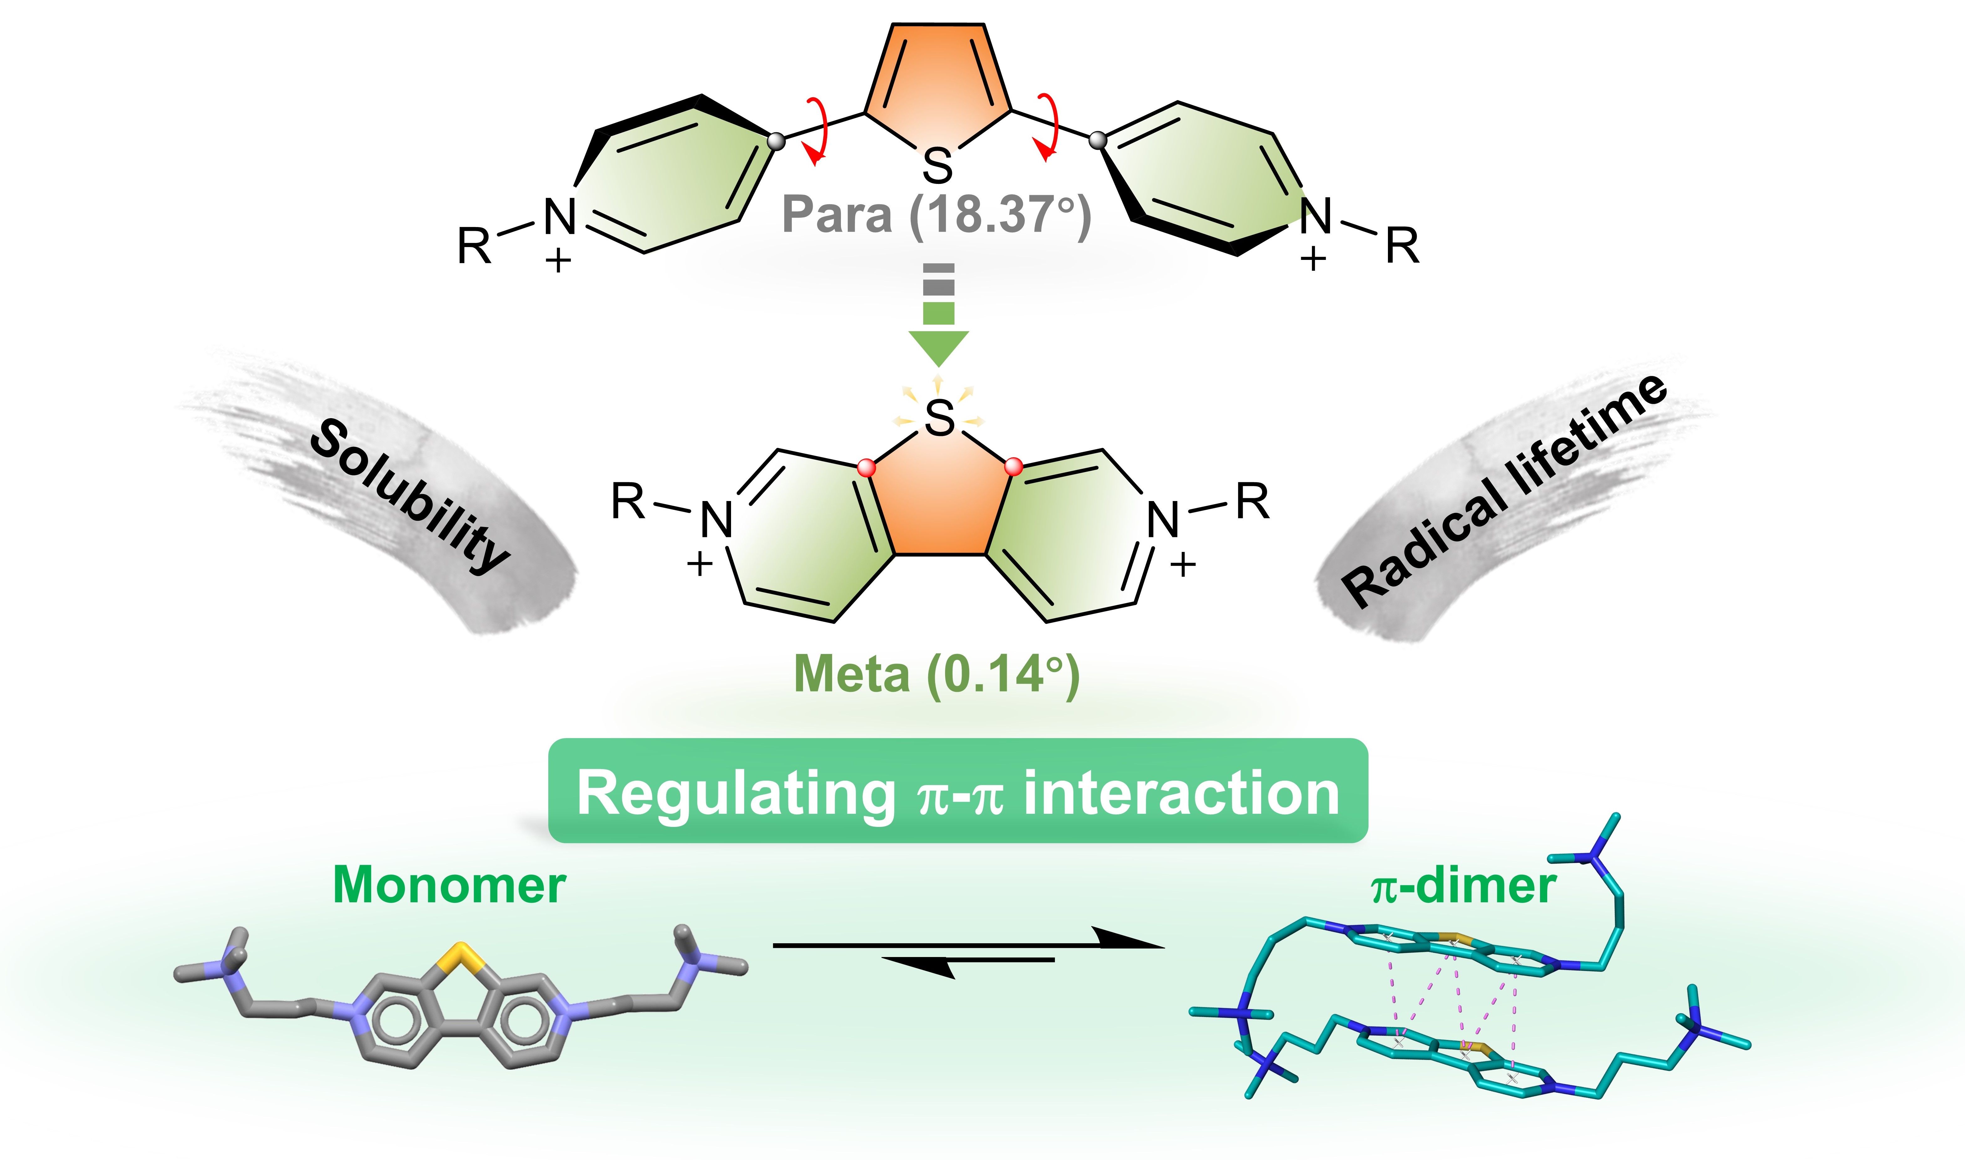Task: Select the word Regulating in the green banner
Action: [x=735, y=793]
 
